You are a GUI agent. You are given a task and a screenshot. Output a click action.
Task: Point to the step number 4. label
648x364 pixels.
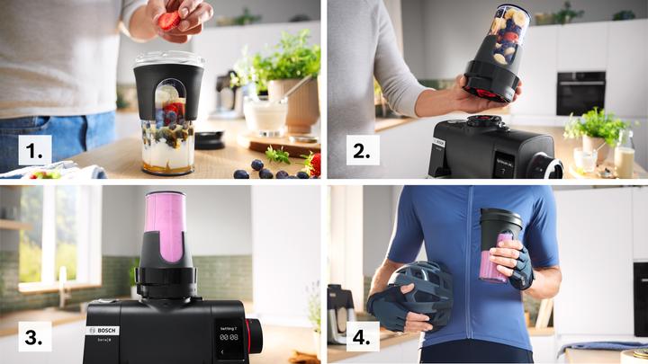coord(361,338)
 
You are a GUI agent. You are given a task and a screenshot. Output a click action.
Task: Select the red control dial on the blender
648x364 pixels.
coord(256,335)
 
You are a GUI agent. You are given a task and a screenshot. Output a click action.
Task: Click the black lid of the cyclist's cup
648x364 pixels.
coord(500,221)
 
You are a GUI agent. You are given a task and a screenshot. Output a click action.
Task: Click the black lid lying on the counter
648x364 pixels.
coord(211,139)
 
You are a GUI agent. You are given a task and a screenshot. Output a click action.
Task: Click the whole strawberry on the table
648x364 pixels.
coord(312,164)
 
